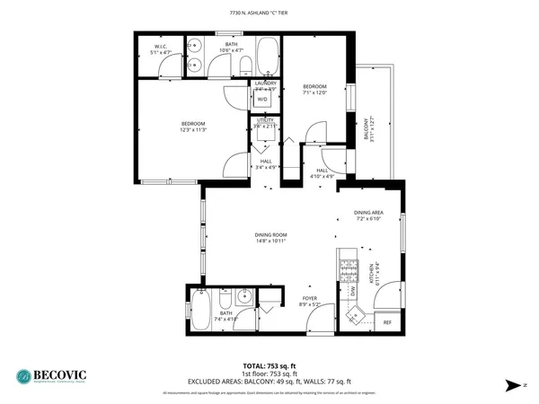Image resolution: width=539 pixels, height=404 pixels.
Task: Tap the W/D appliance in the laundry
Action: coord(262,100)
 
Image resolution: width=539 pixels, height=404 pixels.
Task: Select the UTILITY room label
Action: coord(264,119)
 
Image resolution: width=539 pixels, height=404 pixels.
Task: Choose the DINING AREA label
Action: coord(369,213)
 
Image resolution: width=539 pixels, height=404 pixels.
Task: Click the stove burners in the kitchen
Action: coord(345,265)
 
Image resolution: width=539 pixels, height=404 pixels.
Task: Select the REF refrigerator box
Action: coord(387,321)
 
